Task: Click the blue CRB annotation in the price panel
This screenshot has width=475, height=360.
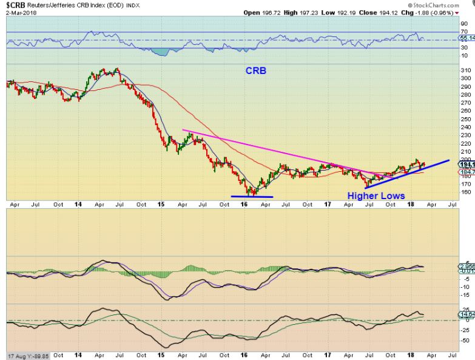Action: point(255,70)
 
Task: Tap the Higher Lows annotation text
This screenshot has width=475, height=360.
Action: point(376,195)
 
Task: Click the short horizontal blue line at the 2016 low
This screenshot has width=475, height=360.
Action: point(252,196)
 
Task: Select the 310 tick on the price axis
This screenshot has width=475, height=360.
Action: point(464,70)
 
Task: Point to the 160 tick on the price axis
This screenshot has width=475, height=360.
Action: point(464,192)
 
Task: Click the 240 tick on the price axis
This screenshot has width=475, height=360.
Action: point(464,127)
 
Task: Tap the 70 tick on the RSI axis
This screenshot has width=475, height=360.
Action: point(464,32)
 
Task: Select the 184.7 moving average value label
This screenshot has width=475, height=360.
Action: point(466,172)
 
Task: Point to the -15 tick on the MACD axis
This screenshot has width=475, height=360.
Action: point(464,295)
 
